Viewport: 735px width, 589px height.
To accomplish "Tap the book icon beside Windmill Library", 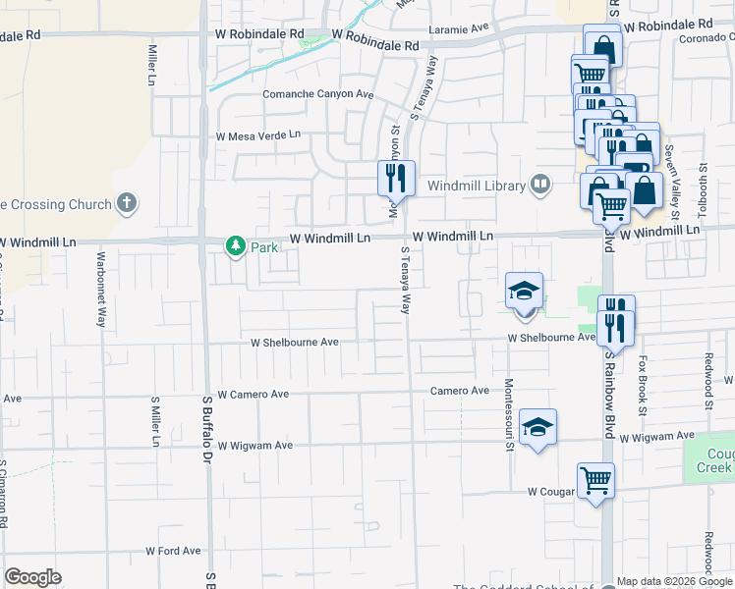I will click(539, 184).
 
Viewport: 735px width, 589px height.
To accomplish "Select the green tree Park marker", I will click(235, 246).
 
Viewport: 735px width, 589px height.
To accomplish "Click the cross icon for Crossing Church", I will click(126, 204).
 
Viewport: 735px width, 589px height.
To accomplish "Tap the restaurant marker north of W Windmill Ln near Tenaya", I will click(396, 178).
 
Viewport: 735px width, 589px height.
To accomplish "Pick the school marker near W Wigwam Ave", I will click(537, 427).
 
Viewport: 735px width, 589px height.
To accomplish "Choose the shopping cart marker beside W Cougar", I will click(595, 481).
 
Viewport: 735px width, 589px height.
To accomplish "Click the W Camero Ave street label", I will click(254, 394).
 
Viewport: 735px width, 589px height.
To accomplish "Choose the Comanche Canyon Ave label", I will click(318, 94).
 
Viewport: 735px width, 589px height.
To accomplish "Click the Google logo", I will click(32, 577).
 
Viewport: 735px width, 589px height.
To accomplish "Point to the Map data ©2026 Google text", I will click(674, 581).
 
